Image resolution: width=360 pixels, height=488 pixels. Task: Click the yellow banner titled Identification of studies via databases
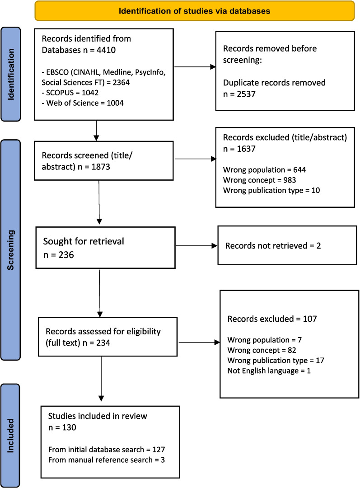pyautogui.click(x=195, y=11)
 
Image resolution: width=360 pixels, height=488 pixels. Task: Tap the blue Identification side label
pyautogui.click(x=11, y=74)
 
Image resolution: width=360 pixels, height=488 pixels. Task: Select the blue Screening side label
pyautogui.click(x=11, y=250)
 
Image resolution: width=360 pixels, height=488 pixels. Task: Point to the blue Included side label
pyautogui.click(x=10, y=436)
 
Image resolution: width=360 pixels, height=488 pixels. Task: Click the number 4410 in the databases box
pyautogui.click(x=106, y=50)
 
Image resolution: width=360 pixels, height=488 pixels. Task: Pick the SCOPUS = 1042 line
pyautogui.click(x=70, y=93)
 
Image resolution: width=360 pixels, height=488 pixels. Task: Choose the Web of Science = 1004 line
pyautogui.click(x=83, y=103)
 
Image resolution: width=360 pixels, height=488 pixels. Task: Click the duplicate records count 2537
pyautogui.click(x=246, y=94)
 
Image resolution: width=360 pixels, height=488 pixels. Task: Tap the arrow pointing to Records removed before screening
pyautogui.click(x=195, y=67)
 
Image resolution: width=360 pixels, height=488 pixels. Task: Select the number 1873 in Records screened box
pyautogui.click(x=100, y=167)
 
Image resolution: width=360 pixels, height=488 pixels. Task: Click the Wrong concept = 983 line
pyautogui.click(x=260, y=180)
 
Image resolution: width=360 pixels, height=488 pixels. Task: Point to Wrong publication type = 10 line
pyautogui.click(x=271, y=191)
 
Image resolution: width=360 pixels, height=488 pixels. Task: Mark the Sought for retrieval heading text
pyautogui.click(x=84, y=241)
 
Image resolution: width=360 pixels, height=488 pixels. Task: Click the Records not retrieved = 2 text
pyautogui.click(x=273, y=246)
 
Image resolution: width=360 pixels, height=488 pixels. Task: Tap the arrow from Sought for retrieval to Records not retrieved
pyautogui.click(x=196, y=246)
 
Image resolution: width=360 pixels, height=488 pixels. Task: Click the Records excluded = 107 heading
pyautogui.click(x=272, y=319)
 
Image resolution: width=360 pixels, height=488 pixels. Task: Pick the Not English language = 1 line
pyautogui.click(x=269, y=371)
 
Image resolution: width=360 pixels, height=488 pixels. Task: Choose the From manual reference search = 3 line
pyautogui.click(x=107, y=460)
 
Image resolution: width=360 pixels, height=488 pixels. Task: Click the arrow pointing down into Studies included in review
pyautogui.click(x=101, y=379)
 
